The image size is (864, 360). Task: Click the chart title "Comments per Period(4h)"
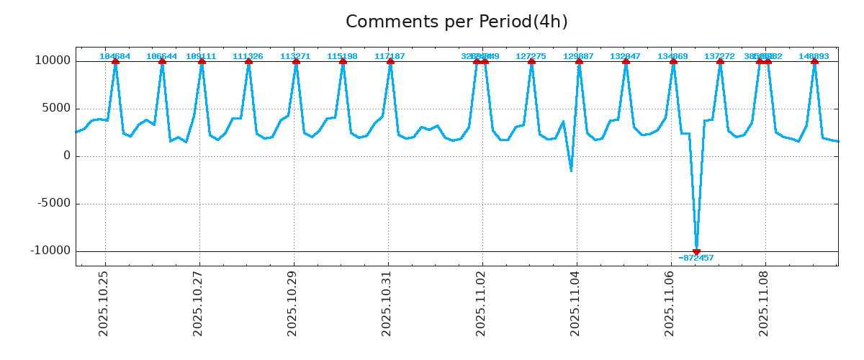click(x=456, y=22)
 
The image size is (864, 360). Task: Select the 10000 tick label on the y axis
click(x=53, y=60)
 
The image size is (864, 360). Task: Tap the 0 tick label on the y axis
click(x=67, y=156)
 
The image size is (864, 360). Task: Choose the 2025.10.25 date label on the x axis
click(x=104, y=303)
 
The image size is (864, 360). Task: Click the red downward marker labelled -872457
click(x=696, y=251)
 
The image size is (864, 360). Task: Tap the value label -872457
click(x=696, y=258)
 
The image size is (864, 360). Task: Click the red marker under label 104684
click(x=115, y=61)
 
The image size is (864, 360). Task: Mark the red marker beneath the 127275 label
click(x=531, y=61)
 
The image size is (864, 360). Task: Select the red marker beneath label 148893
click(x=814, y=61)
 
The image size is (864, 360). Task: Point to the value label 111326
click(x=248, y=56)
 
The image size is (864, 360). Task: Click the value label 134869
click(x=672, y=56)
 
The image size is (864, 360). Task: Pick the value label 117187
click(x=390, y=56)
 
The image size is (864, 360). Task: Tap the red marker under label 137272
click(x=720, y=61)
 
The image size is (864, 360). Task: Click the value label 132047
click(x=625, y=56)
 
